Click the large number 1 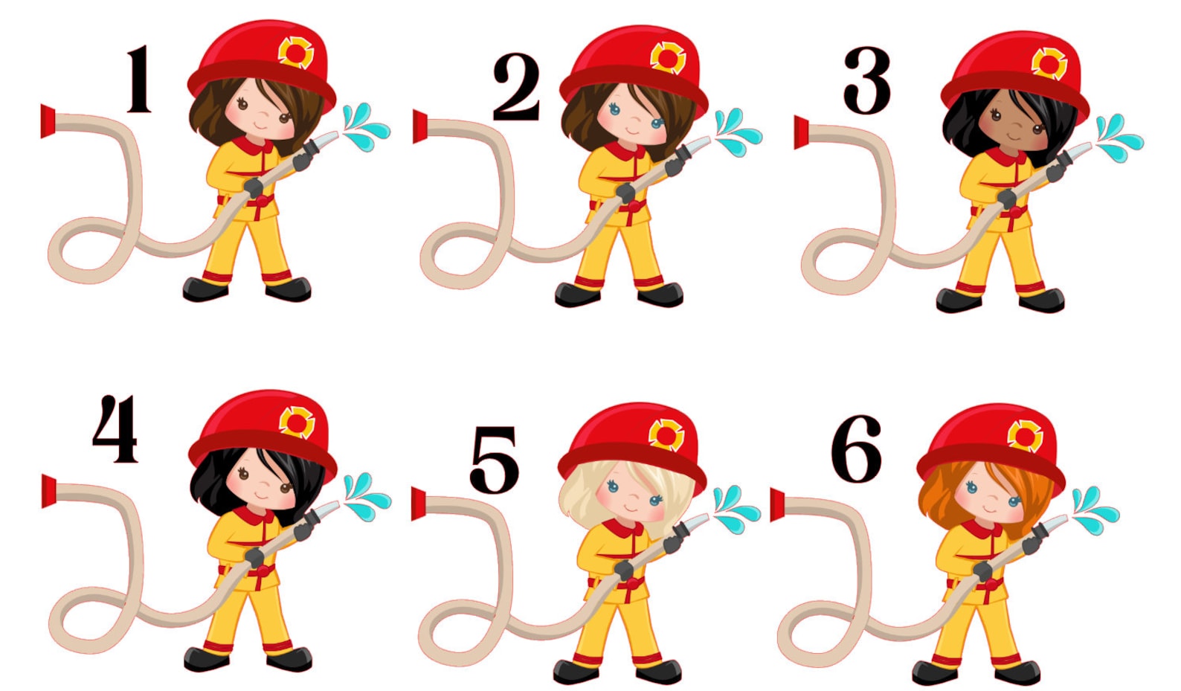pyautogui.click(x=139, y=79)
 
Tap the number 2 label pyautogui.click(x=516, y=86)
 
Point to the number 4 pyautogui.click(x=115, y=429)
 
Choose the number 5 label pyautogui.click(x=494, y=460)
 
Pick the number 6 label pyautogui.click(x=857, y=449)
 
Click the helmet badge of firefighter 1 pyautogui.click(x=295, y=52)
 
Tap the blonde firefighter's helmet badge pyautogui.click(x=666, y=434)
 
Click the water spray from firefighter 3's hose pyautogui.click(x=1117, y=138)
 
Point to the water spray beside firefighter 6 pyautogui.click(x=1094, y=510)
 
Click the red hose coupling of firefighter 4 pyautogui.click(x=49, y=492)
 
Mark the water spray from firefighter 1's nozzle pyautogui.click(x=364, y=127)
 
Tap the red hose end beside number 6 pyautogui.click(x=778, y=504)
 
